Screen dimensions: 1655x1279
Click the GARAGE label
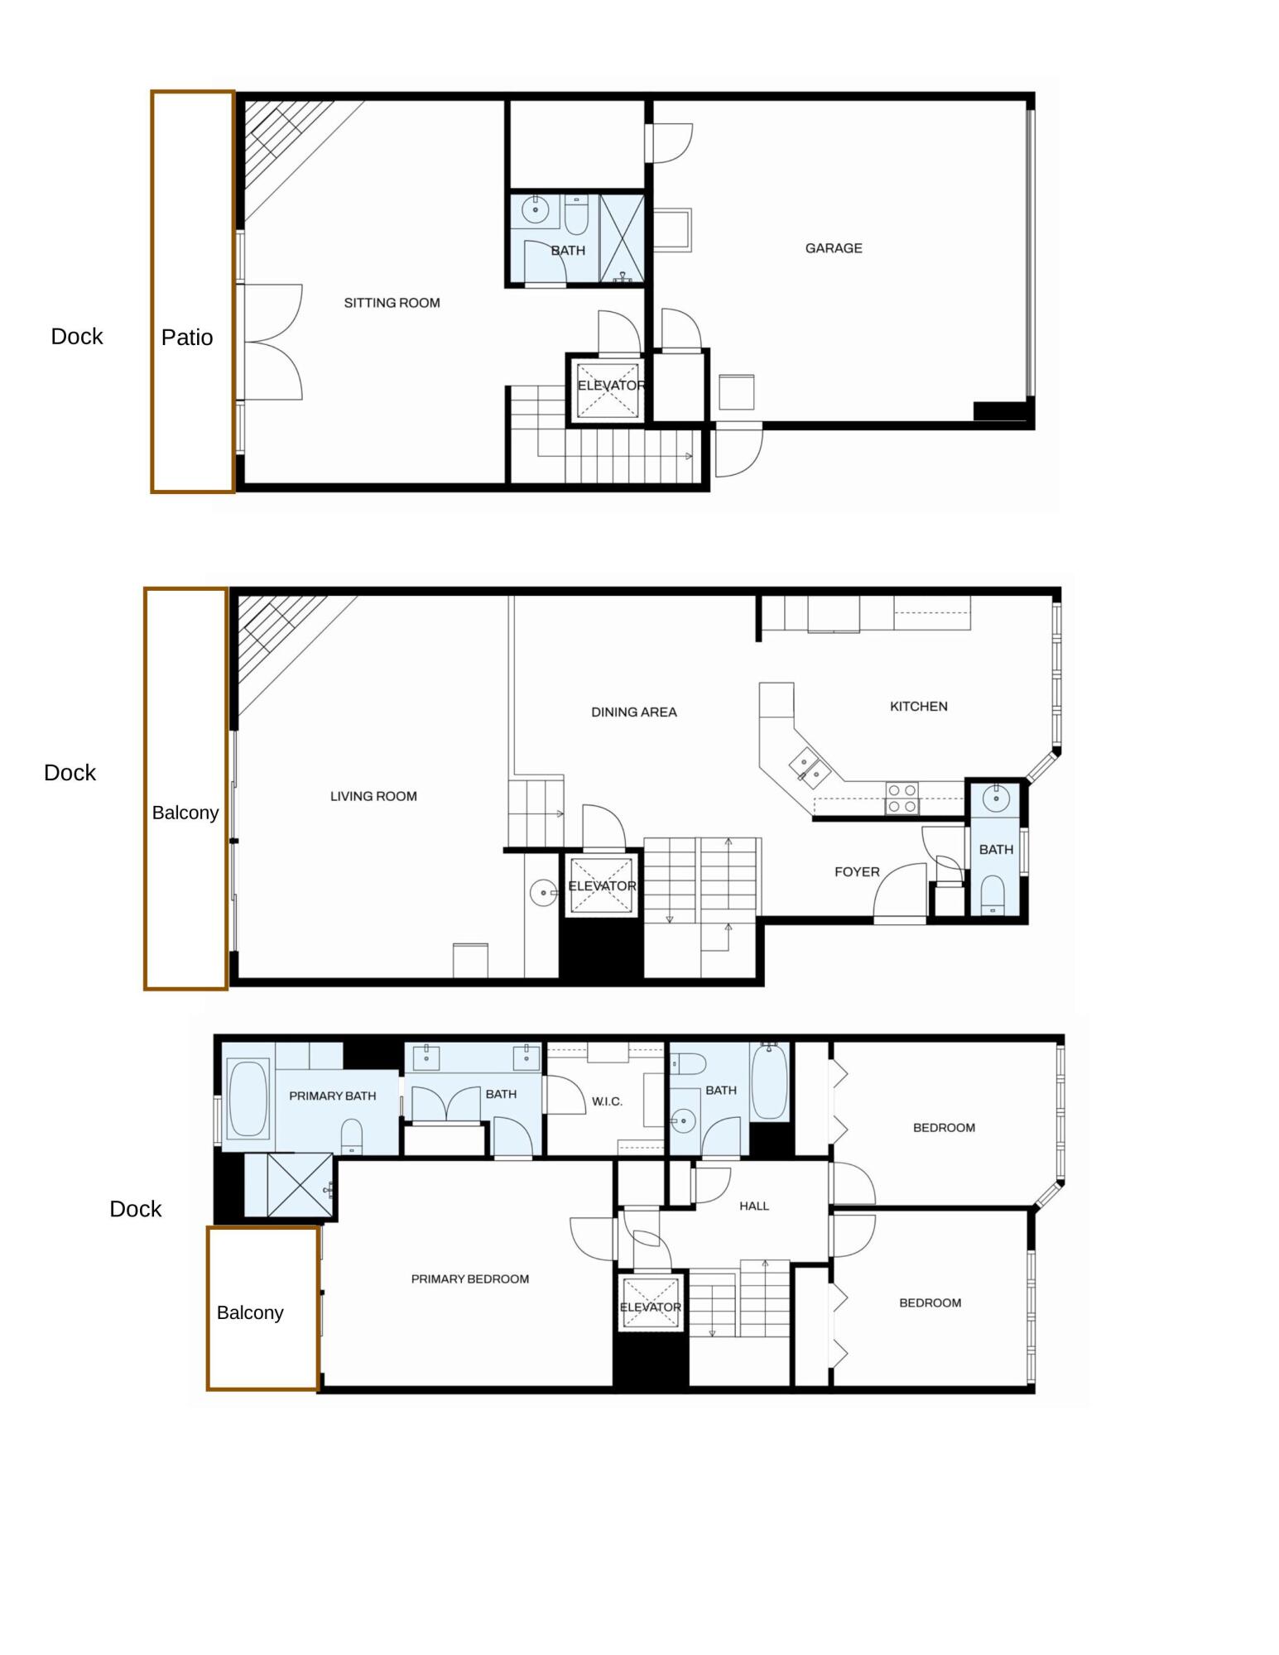[x=833, y=248]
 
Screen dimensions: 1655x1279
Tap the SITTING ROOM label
[x=392, y=303]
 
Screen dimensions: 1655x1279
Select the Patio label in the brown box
[x=187, y=338]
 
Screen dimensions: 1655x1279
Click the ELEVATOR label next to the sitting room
[x=610, y=386]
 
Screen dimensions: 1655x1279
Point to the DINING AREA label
[x=633, y=712]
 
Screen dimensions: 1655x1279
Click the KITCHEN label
[x=918, y=706]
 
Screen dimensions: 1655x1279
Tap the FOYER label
[x=856, y=871]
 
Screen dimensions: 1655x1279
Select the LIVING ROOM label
[x=373, y=796]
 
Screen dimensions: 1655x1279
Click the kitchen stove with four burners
[x=902, y=798]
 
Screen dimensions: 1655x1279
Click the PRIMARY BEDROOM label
[x=469, y=1278]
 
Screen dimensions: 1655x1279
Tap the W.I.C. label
[x=607, y=1101]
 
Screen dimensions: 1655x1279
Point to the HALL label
[x=753, y=1206]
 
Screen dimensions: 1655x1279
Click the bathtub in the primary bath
[x=248, y=1099]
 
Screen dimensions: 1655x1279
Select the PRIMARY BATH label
[x=332, y=1096]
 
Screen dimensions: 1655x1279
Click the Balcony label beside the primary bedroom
[x=250, y=1312]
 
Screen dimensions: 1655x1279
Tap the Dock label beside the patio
[x=77, y=337]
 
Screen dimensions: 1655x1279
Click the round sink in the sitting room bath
[x=535, y=210]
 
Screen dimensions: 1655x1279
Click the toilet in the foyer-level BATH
[x=993, y=895]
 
